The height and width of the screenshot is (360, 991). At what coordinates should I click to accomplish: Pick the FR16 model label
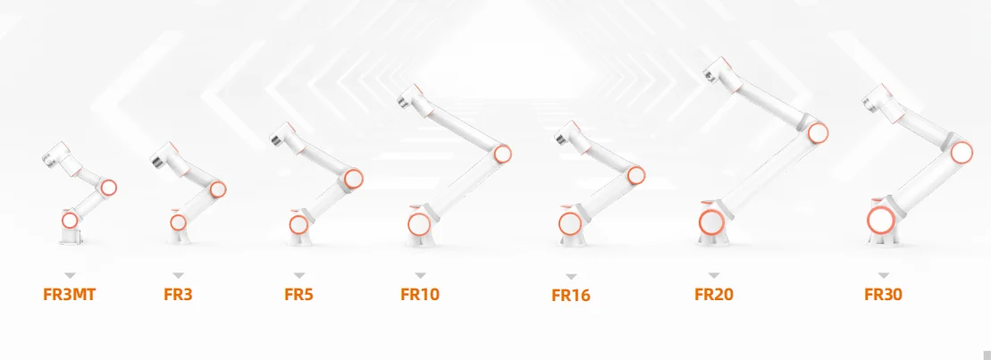(571, 295)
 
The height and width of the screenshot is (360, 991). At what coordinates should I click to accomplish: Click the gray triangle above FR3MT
(70, 275)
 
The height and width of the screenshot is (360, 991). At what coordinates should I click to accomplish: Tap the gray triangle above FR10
(420, 275)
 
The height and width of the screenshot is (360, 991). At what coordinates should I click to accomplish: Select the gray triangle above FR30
(883, 275)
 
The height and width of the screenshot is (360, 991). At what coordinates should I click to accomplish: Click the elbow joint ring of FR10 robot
(503, 154)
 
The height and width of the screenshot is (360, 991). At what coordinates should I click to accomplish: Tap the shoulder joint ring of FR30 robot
(881, 219)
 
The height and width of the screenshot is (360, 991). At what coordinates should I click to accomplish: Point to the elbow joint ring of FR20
(817, 133)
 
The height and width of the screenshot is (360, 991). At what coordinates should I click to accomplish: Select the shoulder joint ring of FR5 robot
(298, 224)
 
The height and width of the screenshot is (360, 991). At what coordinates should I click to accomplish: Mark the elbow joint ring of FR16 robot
(636, 174)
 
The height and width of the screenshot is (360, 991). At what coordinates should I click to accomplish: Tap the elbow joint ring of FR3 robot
(216, 188)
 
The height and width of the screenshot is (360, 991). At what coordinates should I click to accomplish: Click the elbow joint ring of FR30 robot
(962, 152)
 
